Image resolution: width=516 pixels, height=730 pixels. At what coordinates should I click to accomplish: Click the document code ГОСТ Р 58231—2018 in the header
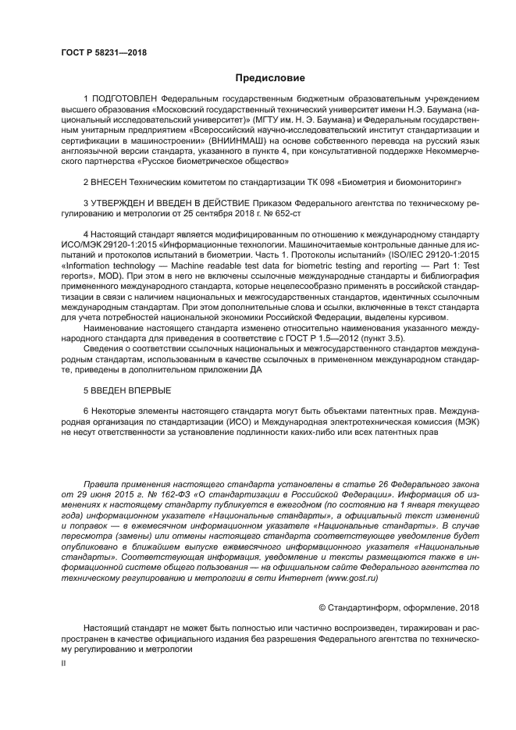104,53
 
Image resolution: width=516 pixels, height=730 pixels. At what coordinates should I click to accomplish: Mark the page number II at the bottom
64,662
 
